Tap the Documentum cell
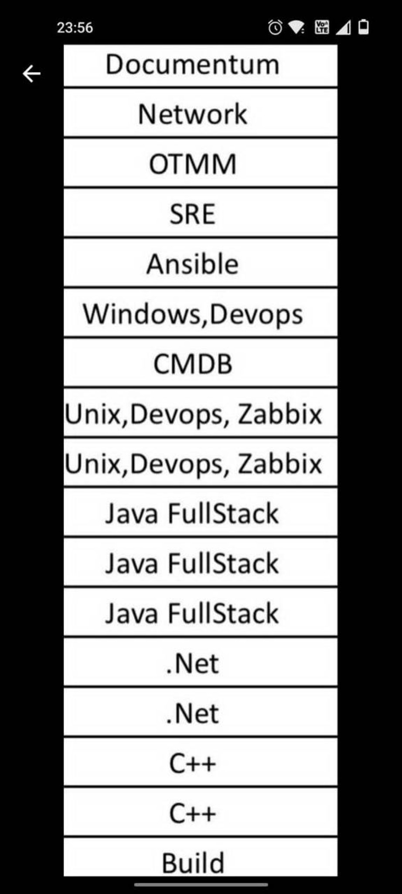pyautogui.click(x=201, y=65)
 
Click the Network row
pyautogui.click(x=201, y=113)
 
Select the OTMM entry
pyautogui.click(x=201, y=164)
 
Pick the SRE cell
pyautogui.click(x=201, y=213)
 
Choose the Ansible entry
pyautogui.click(x=201, y=263)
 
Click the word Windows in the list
pyautogui.click(x=142, y=313)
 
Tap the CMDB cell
pyautogui.click(x=201, y=363)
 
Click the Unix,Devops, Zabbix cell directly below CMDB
pyautogui.click(x=201, y=413)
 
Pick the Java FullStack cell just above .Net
pyautogui.click(x=201, y=612)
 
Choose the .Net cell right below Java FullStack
pyautogui.click(x=201, y=663)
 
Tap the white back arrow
pyautogui.click(x=31, y=74)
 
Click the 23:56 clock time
pyautogui.click(x=75, y=28)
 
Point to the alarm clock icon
pyautogui.click(x=275, y=28)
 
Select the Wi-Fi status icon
pyautogui.click(x=297, y=28)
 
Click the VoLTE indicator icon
pyautogui.click(x=322, y=28)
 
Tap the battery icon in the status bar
pyautogui.click(x=363, y=27)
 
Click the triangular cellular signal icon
pyautogui.click(x=344, y=28)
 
